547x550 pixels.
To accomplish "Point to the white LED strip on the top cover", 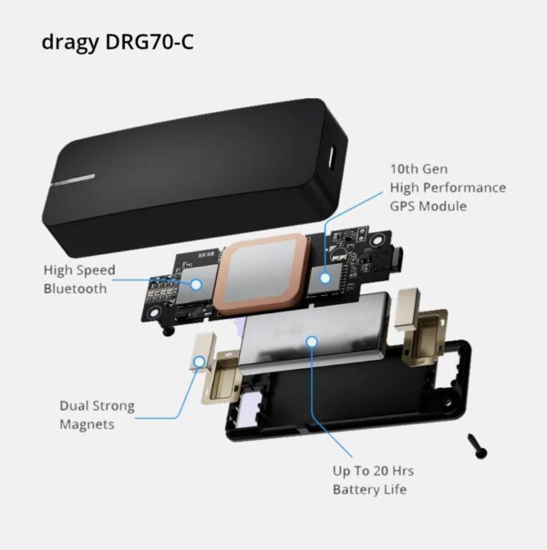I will [72, 178].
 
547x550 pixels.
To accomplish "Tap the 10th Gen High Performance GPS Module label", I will [447, 187].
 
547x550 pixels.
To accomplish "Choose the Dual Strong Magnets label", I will [98, 414].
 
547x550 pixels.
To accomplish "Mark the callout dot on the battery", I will [312, 342].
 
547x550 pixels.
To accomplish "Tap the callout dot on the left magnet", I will [200, 362].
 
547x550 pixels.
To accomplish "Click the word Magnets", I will [88, 424].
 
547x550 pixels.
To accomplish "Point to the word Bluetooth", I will [77, 289].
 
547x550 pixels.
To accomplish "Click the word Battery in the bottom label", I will [358, 490].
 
